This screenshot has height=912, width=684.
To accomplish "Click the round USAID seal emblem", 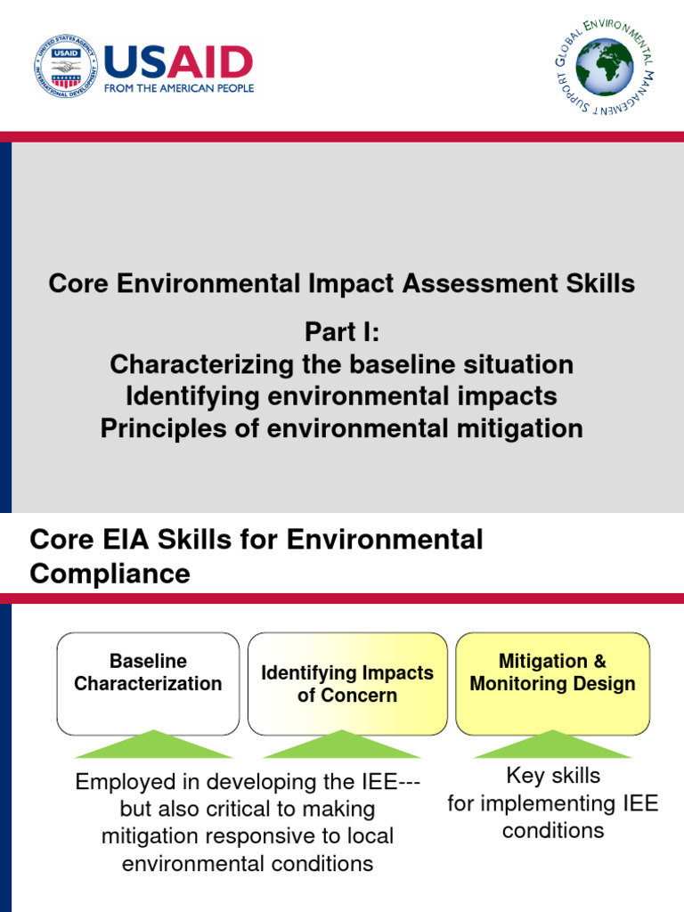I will pyautogui.click(x=65, y=67).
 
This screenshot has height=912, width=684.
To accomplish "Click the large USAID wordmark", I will pyautogui.click(x=178, y=62).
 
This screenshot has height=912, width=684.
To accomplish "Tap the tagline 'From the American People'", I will pyautogui.click(x=179, y=88).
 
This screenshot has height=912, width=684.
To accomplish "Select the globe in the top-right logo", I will pyautogui.click(x=604, y=67).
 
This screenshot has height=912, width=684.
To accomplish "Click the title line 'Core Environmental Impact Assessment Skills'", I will pyautogui.click(x=341, y=284).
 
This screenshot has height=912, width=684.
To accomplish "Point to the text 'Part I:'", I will pyautogui.click(x=341, y=332).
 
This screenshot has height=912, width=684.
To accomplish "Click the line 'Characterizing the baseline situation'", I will pyautogui.click(x=341, y=364).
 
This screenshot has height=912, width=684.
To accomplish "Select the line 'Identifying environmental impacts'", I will pyautogui.click(x=341, y=396).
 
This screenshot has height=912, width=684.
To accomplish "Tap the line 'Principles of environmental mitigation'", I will pyautogui.click(x=341, y=428).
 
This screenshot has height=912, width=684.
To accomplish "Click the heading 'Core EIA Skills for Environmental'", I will pyautogui.click(x=256, y=540).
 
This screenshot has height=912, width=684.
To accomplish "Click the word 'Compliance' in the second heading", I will pyautogui.click(x=110, y=574).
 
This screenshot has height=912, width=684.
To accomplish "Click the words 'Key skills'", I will pyautogui.click(x=552, y=776).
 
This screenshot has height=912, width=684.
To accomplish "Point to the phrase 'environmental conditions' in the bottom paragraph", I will pyautogui.click(x=248, y=864).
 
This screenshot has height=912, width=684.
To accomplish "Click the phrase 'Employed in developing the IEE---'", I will pyautogui.click(x=248, y=782).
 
